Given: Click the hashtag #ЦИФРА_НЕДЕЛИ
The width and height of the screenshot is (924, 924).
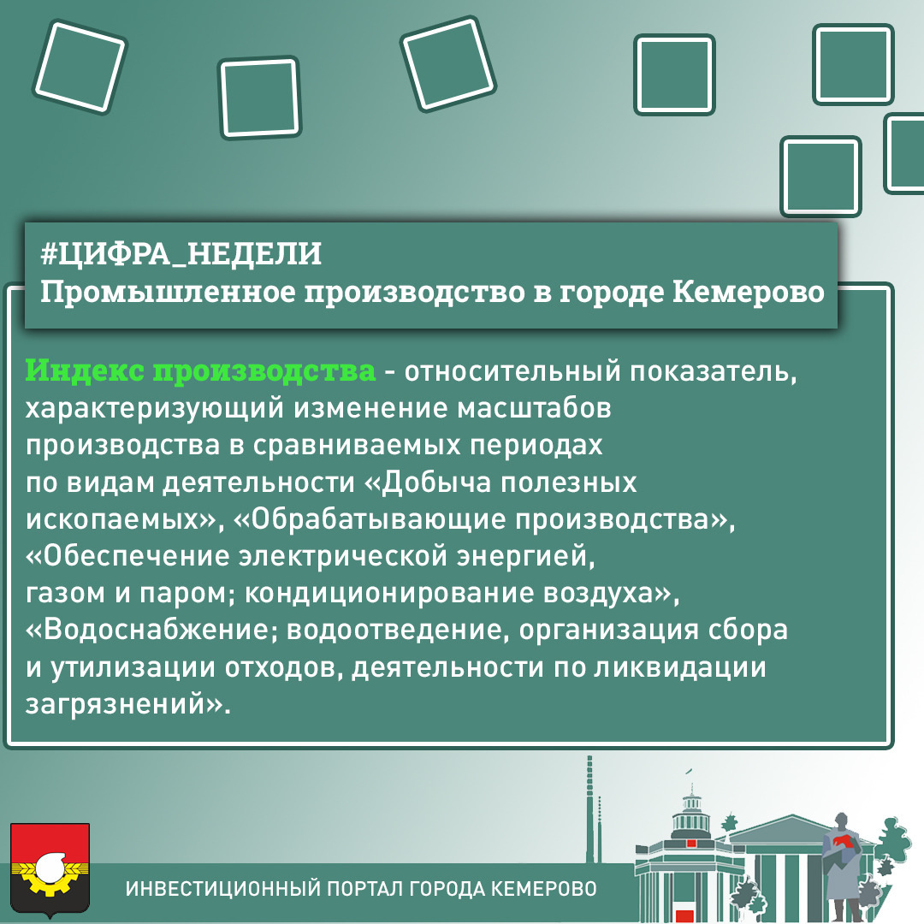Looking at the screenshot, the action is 181,254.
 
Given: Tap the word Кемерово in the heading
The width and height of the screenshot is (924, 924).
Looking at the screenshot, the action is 749,292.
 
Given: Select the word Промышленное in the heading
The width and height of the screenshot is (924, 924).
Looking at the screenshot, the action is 168,293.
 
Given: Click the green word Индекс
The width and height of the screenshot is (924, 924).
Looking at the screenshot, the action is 85,370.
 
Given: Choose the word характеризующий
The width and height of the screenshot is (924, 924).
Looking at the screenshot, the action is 154,409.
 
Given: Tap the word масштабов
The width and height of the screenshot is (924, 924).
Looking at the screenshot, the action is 535,408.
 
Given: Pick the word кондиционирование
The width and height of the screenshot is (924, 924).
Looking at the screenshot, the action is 389,594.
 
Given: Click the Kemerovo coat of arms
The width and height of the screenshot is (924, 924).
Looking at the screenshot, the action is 50,870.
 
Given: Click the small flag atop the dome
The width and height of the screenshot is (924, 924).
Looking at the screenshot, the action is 688,771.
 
